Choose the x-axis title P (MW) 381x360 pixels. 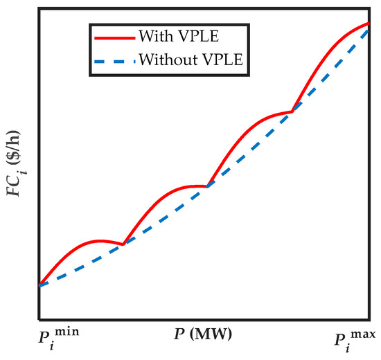(202, 334)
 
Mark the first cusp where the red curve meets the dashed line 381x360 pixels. (123, 244)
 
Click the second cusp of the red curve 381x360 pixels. (208, 186)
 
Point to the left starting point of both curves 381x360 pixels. (39, 285)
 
